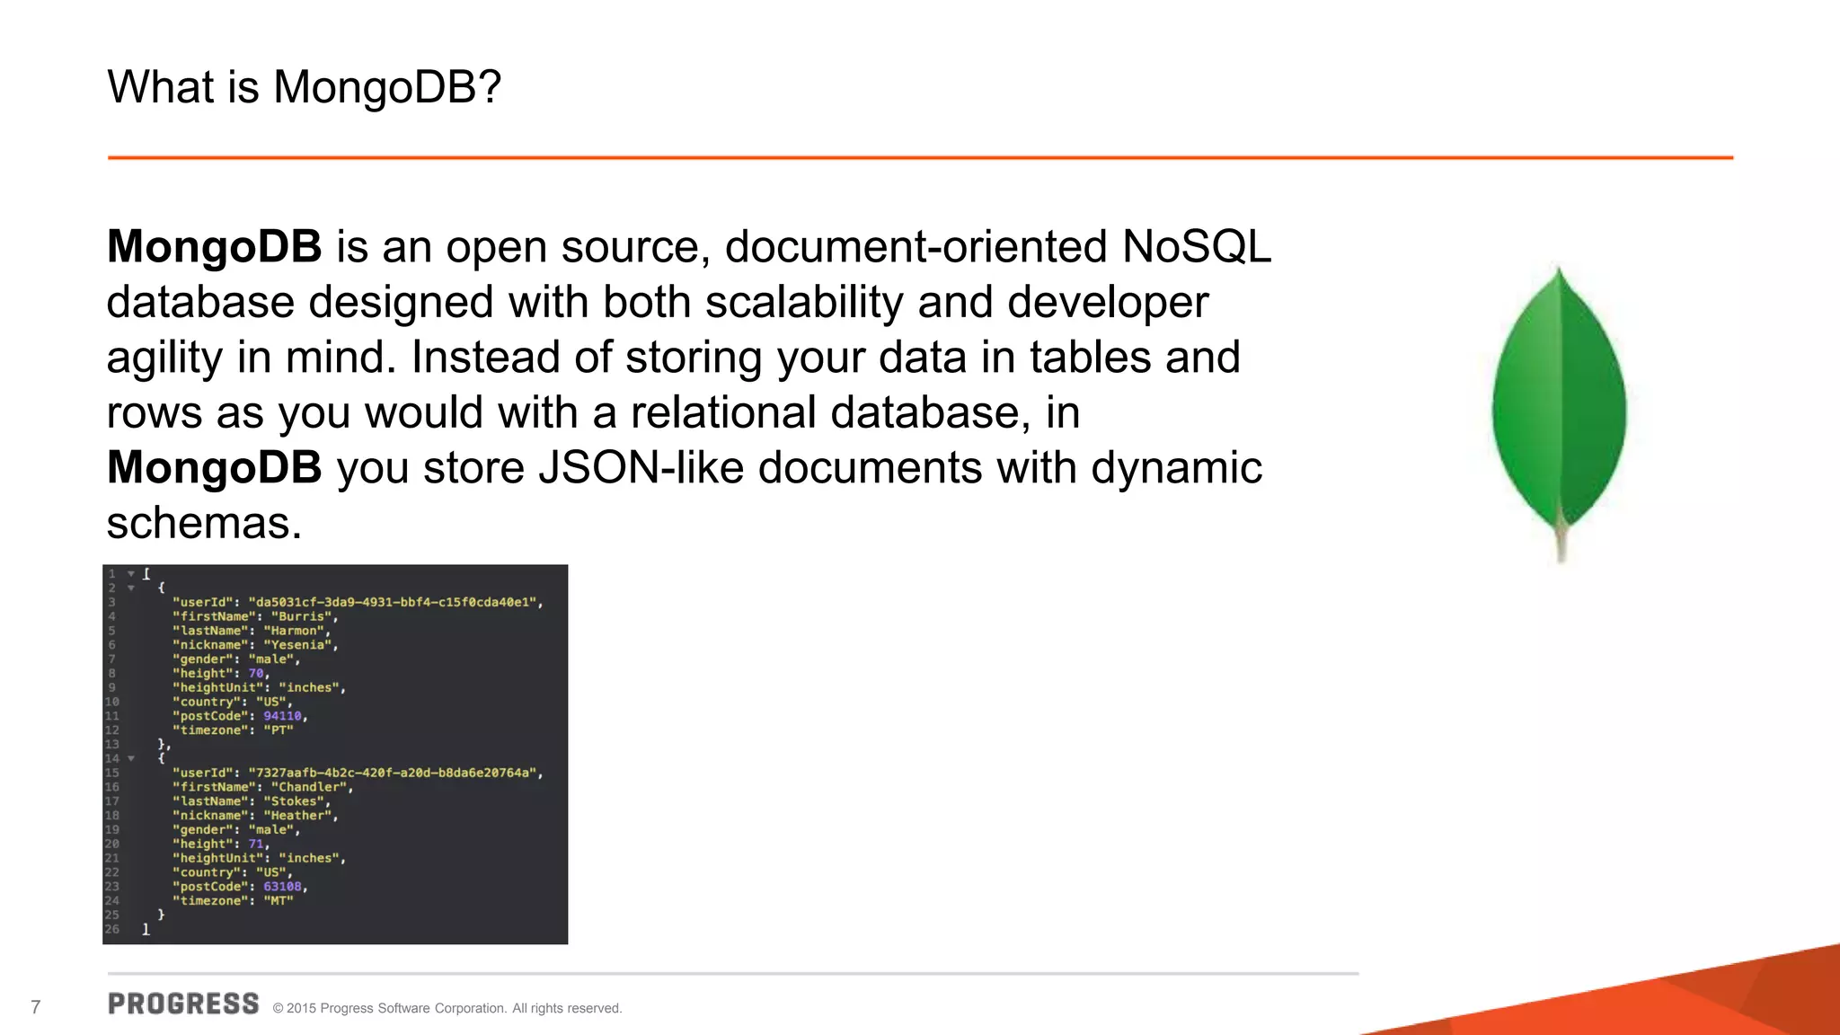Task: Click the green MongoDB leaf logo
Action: pyautogui.click(x=1559, y=404)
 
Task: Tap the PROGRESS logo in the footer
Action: pyautogui.click(x=183, y=1004)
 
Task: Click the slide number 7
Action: pyautogui.click(x=36, y=1007)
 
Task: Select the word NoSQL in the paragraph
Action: pyautogui.click(x=1196, y=246)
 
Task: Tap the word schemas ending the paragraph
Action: pyautogui.click(x=204, y=523)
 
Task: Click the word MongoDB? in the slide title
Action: pyautogui.click(x=387, y=87)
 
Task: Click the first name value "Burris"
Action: pyautogui.click(x=302, y=616)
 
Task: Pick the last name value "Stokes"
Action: pyautogui.click(x=294, y=801)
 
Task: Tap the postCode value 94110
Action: pyautogui.click(x=282, y=716)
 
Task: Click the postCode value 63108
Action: pyautogui.click(x=282, y=887)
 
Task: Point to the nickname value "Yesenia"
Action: pyautogui.click(x=297, y=645)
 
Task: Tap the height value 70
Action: pyautogui.click(x=256, y=674)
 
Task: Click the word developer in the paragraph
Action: pyautogui.click(x=1108, y=302)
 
